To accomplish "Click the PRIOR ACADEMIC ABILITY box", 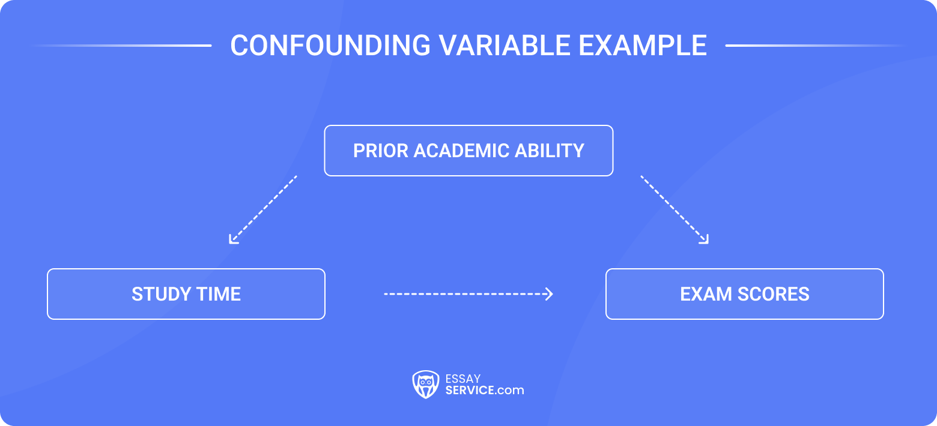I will click(x=468, y=151).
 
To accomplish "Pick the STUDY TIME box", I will click(x=186, y=294).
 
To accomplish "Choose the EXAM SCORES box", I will click(x=745, y=294).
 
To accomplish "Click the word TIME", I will click(x=220, y=294).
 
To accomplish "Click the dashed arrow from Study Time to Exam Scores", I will click(x=468, y=294).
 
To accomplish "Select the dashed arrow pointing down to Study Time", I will click(x=263, y=209).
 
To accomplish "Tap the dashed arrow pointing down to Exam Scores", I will click(x=675, y=209).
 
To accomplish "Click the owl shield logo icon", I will click(x=425, y=384).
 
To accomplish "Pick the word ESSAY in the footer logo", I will click(x=463, y=379).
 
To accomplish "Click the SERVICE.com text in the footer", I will click(x=484, y=390).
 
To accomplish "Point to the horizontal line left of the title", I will click(x=120, y=46).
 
